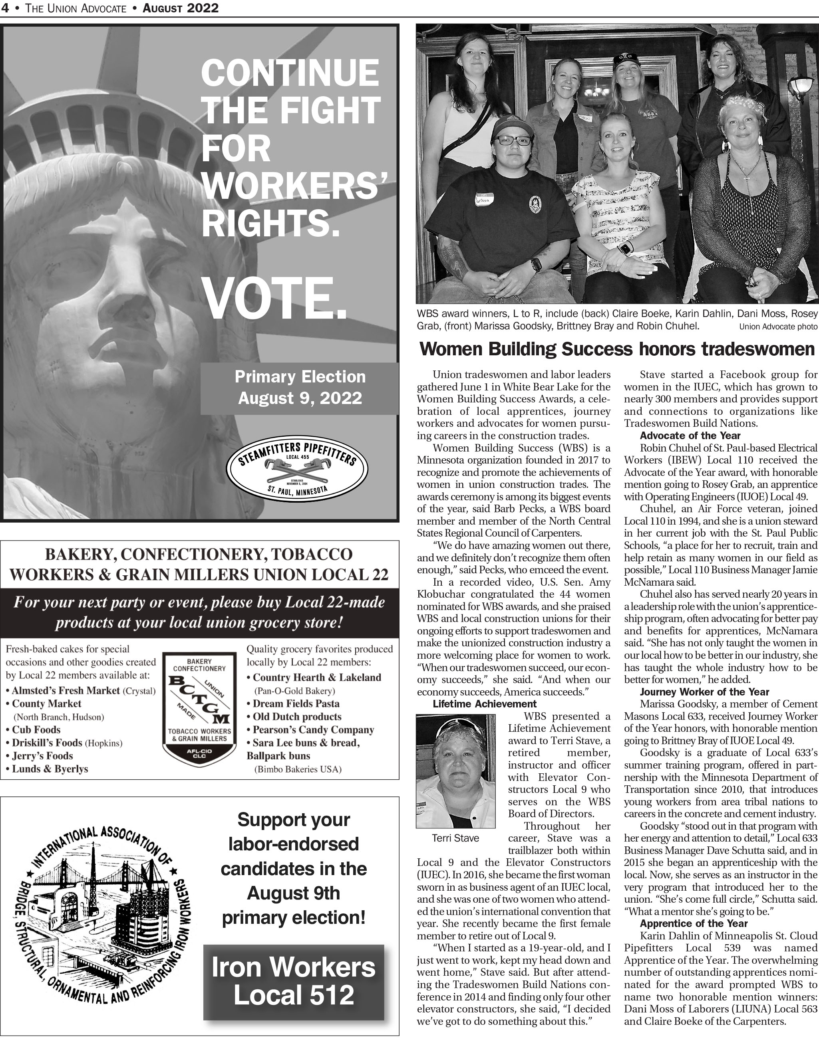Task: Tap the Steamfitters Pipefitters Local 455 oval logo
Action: click(297, 469)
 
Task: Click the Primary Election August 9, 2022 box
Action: click(300, 388)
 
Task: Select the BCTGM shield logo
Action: click(199, 708)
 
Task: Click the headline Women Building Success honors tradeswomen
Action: click(617, 349)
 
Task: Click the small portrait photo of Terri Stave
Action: click(455, 771)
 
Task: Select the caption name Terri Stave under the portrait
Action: click(455, 838)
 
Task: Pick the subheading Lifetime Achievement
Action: click(484, 704)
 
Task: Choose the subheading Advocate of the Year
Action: click(690, 436)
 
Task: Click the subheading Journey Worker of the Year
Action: click(704, 692)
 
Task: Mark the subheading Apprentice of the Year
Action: click(694, 923)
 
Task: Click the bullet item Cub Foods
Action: click(36, 730)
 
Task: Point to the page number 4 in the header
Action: click(5, 8)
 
